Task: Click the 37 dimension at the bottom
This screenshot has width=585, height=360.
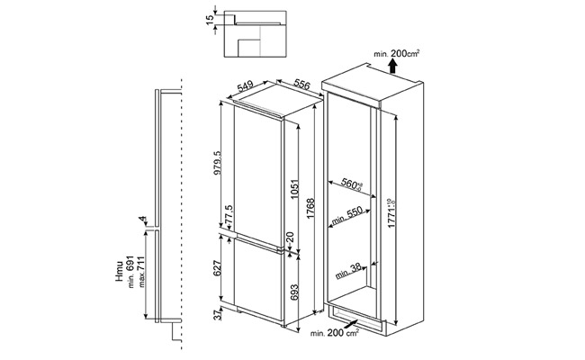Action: tap(213, 315)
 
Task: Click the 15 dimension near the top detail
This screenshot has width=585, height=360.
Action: tap(209, 22)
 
